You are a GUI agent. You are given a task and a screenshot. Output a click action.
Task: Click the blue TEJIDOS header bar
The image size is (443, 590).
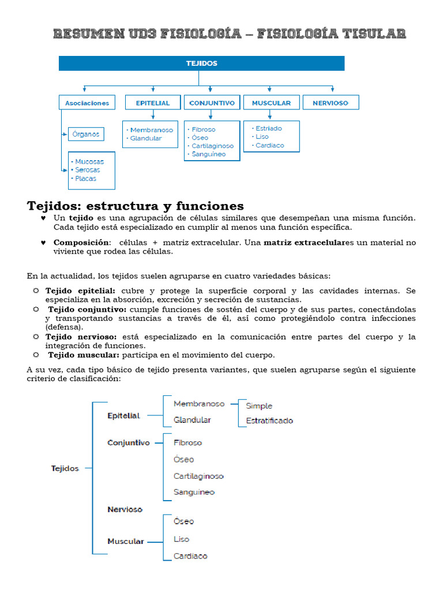click(201, 63)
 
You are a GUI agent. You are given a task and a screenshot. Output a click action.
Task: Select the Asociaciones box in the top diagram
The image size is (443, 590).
click(87, 103)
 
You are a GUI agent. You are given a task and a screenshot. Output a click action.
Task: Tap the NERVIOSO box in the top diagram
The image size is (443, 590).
click(331, 103)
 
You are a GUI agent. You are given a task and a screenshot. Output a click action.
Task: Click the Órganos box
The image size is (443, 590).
click(86, 134)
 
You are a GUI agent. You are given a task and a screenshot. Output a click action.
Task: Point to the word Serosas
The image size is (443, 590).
click(87, 170)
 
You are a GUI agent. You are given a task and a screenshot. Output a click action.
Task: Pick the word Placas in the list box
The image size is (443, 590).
click(85, 179)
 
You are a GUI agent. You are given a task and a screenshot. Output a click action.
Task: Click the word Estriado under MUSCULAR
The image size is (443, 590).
click(269, 128)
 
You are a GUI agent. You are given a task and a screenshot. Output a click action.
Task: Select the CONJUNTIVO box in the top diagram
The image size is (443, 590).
click(212, 103)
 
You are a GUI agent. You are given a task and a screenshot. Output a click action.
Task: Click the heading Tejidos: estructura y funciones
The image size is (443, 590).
click(136, 206)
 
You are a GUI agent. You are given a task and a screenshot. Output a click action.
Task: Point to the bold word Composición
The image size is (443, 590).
click(81, 243)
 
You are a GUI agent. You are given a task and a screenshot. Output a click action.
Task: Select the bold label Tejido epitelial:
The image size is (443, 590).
click(80, 291)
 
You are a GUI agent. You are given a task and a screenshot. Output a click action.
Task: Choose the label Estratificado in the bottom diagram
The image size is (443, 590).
click(269, 421)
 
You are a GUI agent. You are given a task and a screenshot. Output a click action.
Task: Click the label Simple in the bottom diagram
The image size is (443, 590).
click(259, 406)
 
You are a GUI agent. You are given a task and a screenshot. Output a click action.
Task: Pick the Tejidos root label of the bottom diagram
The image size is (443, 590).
click(65, 469)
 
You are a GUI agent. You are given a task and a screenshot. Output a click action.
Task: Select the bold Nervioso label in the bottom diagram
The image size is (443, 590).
click(125, 510)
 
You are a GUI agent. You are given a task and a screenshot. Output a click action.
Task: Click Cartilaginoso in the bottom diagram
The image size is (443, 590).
click(198, 476)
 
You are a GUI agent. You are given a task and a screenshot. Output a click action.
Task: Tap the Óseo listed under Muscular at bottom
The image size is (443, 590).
click(184, 521)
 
